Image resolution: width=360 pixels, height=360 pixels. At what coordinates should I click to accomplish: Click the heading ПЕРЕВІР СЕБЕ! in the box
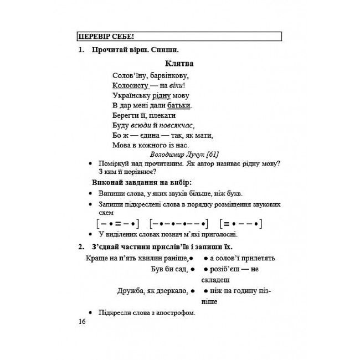[x=103, y=37]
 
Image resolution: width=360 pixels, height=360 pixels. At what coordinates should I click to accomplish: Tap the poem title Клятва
[x=179, y=64]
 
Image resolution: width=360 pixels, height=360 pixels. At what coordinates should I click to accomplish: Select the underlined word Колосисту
[x=130, y=85]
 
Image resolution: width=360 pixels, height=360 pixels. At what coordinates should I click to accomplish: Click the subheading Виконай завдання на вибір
[x=146, y=182]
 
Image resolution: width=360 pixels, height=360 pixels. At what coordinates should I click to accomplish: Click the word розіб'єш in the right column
[x=225, y=269]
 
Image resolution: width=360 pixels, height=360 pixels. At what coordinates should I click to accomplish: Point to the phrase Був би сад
[x=168, y=269]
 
